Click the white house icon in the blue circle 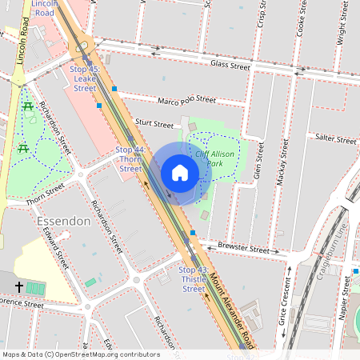click(x=180, y=173)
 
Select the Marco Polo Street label click(x=186, y=101)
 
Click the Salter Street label click(x=335, y=139)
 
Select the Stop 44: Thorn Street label click(x=130, y=159)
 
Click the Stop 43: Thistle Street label click(x=194, y=279)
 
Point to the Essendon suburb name click(x=64, y=220)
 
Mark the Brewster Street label click(x=243, y=249)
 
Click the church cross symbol click(x=18, y=286)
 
